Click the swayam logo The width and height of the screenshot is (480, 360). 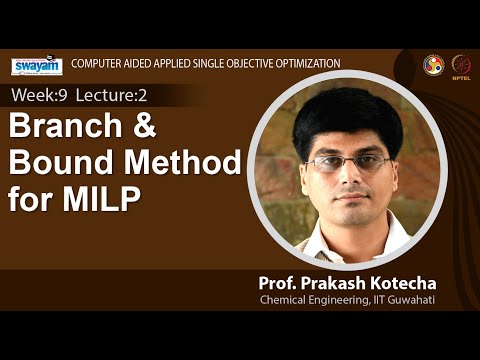[37, 65]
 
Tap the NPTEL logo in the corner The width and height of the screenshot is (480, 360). [461, 63]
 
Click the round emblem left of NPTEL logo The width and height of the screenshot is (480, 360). [433, 63]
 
